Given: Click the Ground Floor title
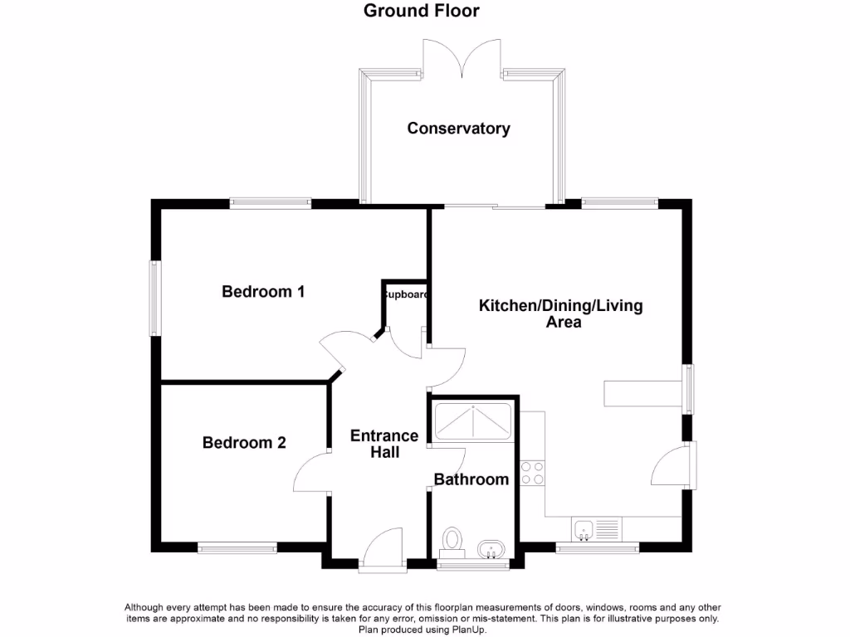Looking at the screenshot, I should click(422, 11).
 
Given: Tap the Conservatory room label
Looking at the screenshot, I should click(458, 129).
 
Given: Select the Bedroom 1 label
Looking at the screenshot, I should click(263, 292).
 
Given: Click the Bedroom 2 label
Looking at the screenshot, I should click(244, 443).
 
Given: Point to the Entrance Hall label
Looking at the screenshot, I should click(384, 444).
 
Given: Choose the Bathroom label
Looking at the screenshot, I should click(471, 479).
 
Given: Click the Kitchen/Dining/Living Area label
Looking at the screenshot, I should click(561, 314).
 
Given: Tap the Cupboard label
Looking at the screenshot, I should click(405, 294).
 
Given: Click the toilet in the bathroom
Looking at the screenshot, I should click(452, 540).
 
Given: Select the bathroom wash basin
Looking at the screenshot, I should click(491, 549).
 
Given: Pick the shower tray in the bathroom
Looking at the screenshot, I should click(472, 423).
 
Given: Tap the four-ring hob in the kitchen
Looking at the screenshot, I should click(532, 473).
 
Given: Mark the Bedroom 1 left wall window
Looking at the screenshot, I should click(154, 299).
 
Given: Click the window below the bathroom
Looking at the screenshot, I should click(473, 566).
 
